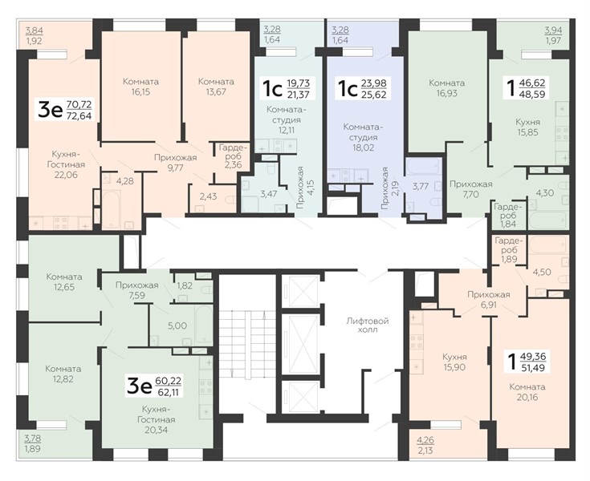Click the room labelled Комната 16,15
(x=140, y=87)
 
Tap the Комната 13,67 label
(x=216, y=87)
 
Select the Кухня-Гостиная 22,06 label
(x=66, y=164)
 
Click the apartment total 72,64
(x=79, y=115)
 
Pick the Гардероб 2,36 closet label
(x=234, y=156)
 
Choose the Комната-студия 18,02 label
(x=360, y=137)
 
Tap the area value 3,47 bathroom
(x=269, y=194)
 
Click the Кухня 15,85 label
(x=527, y=127)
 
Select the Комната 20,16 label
(x=527, y=392)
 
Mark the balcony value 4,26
(x=425, y=439)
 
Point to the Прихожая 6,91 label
(x=488, y=300)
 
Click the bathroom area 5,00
(x=177, y=325)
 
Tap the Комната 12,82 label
(x=63, y=374)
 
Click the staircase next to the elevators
(x=247, y=344)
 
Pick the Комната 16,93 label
(x=446, y=88)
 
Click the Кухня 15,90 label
(x=454, y=362)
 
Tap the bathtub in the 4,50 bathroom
(x=547, y=245)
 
